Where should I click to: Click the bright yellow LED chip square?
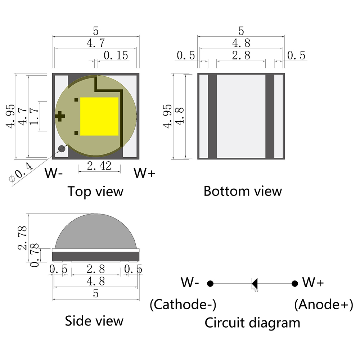tap(99, 116)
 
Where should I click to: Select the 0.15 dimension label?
tap(116, 55)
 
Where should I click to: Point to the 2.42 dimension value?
tap(99, 166)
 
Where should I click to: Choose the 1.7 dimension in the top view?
tap(35, 116)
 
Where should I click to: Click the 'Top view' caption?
tap(95, 191)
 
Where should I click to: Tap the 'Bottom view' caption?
tap(242, 191)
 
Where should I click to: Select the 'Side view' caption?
tap(94, 320)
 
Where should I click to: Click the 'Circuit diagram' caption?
tap(252, 323)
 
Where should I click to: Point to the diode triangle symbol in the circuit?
tap(255, 284)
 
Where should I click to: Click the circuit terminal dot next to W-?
tap(211, 284)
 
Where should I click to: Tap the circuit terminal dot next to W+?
tap(295, 284)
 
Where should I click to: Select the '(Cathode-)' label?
tap(183, 305)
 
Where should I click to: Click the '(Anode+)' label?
tap(323, 305)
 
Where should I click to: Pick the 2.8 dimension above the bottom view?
tap(241, 55)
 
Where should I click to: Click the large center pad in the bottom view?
tap(241, 116)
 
